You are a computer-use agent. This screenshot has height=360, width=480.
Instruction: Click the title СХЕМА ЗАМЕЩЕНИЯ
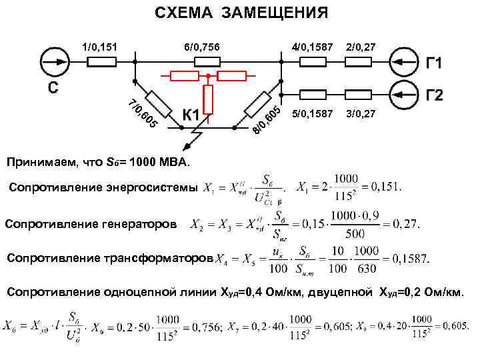[241, 13]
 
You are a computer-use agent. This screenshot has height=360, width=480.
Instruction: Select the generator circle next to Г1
[405, 62]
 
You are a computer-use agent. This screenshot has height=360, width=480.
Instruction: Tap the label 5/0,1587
[313, 114]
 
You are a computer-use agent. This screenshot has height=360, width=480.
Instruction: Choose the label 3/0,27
[360, 114]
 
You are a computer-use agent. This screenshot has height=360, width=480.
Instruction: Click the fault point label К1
[191, 115]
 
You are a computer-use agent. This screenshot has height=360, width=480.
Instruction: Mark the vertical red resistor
[209, 100]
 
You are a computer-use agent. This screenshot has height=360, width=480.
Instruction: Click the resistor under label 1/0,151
[103, 62]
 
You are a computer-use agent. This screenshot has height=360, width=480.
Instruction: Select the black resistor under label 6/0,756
[207, 62]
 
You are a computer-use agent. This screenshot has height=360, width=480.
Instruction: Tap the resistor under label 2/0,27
[358, 62]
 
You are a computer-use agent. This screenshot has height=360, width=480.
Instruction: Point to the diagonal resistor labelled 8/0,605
[258, 102]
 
